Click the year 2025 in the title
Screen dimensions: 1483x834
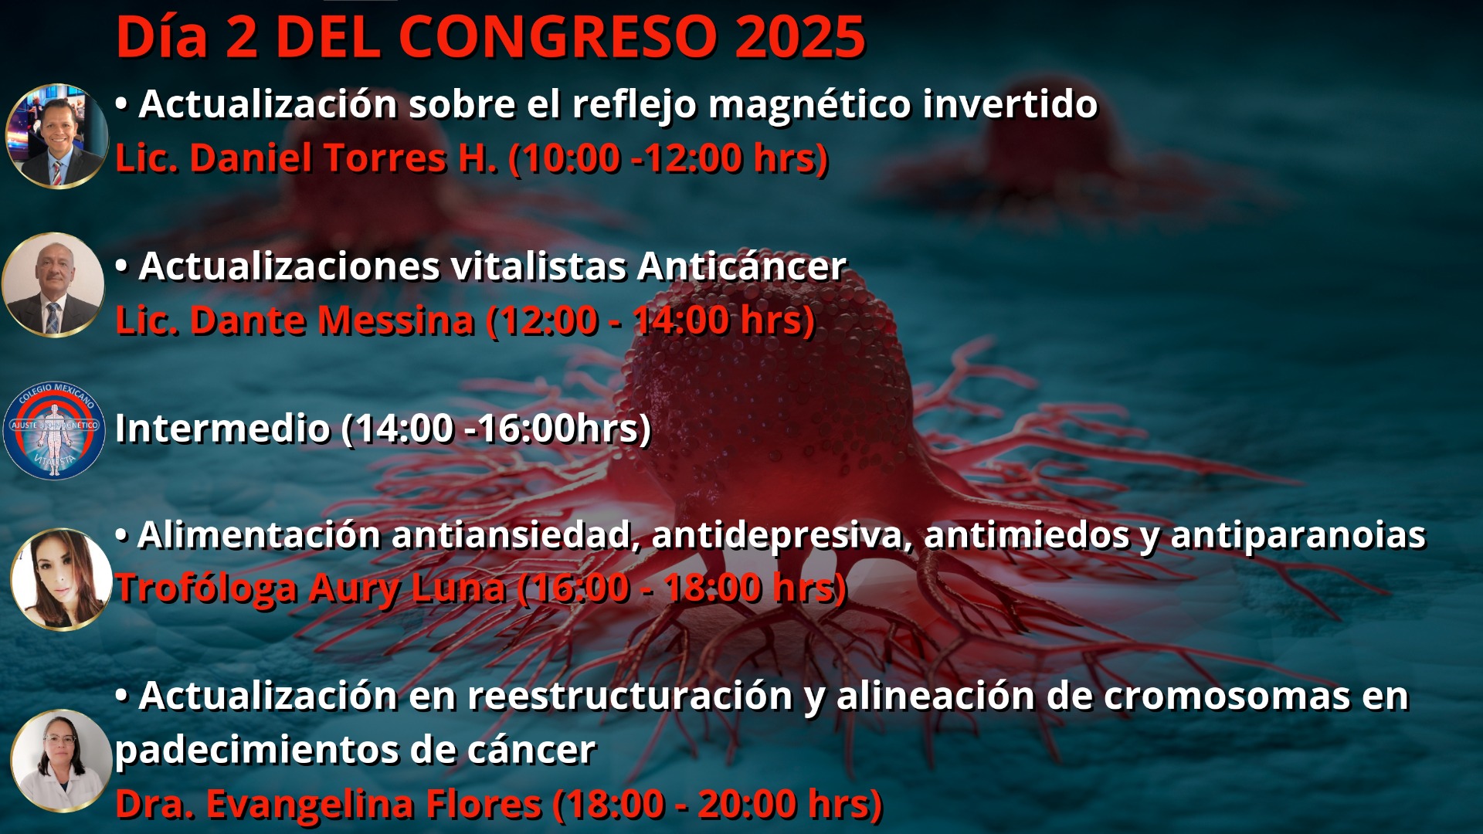click(800, 37)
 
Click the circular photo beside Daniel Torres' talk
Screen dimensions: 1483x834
click(57, 136)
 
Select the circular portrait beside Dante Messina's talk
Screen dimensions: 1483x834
click(53, 285)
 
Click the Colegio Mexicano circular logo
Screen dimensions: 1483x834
click(54, 430)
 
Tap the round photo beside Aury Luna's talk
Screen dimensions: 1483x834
click(62, 579)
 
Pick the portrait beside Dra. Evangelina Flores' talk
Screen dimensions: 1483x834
click(62, 761)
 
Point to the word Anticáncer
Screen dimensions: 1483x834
click(742, 266)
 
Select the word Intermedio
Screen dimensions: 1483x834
click(222, 428)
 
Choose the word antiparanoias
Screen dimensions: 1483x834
click(1298, 535)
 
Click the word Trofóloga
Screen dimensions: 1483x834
click(206, 588)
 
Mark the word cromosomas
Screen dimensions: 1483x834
click(1227, 696)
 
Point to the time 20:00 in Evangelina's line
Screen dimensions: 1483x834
click(746, 804)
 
